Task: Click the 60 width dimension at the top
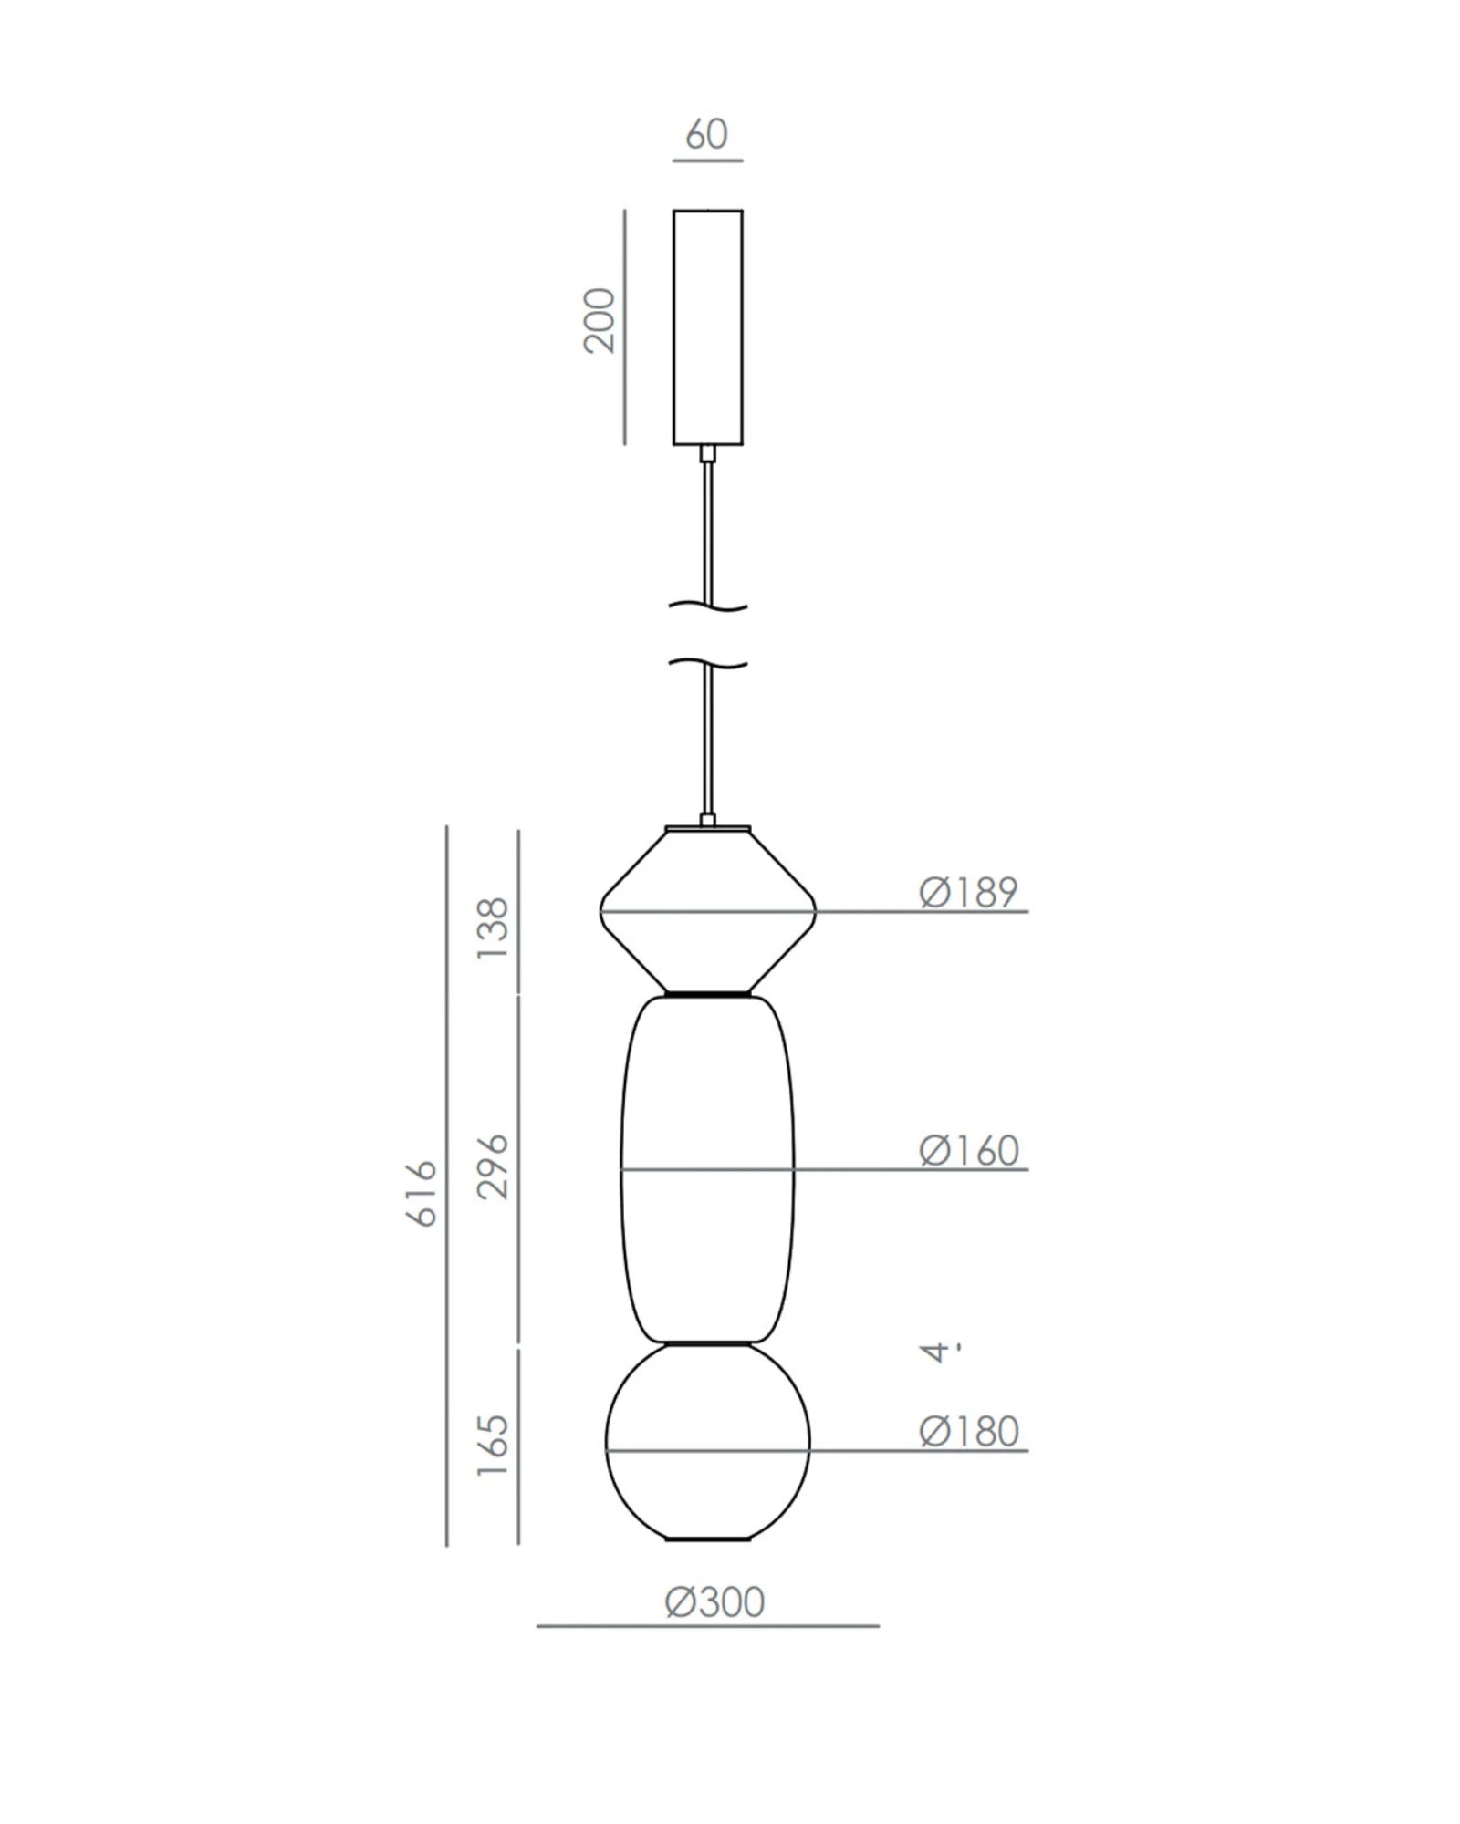point(706,135)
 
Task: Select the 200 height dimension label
point(600,320)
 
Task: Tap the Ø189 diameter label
point(968,892)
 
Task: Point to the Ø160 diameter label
point(968,1151)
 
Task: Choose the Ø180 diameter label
point(968,1432)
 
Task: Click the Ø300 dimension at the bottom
point(714,1602)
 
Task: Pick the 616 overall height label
point(421,1194)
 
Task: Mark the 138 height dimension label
point(493,928)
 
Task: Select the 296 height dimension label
point(493,1166)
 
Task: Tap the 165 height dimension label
point(493,1446)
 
